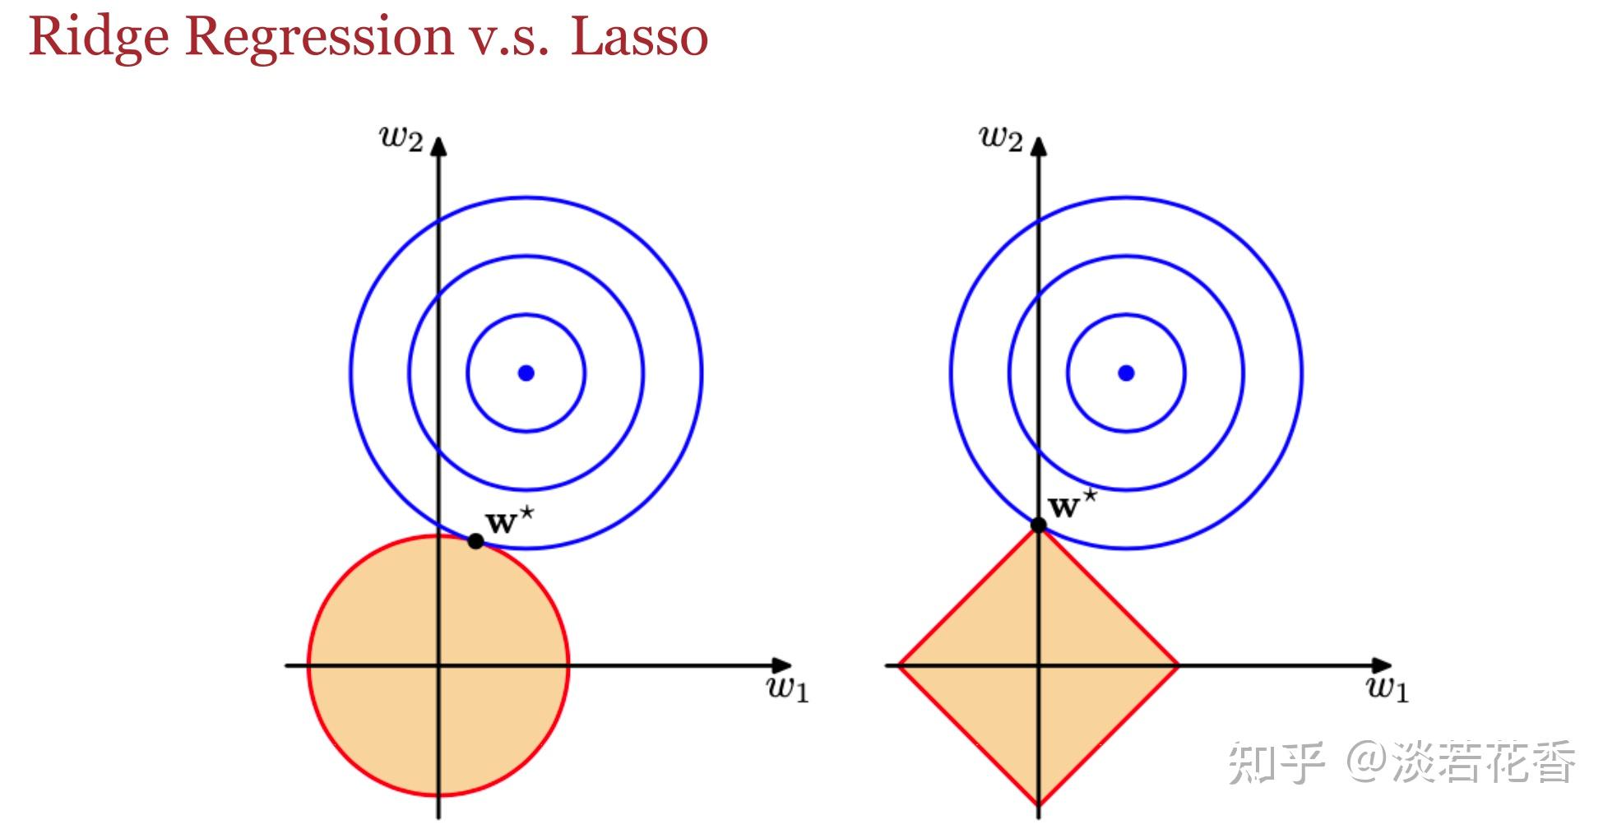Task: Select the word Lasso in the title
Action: (639, 38)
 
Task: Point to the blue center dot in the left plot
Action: (526, 373)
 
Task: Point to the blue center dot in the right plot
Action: (1126, 373)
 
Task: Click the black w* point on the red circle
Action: (475, 541)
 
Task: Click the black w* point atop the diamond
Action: (1039, 525)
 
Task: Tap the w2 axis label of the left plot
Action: (401, 138)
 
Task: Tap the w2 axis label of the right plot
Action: (1001, 138)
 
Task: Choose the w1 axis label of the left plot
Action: (788, 688)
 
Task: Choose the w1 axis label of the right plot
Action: (1388, 688)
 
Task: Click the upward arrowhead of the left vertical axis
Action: (438, 146)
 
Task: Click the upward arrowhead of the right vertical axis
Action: (1039, 146)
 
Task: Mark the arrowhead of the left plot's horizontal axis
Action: (782, 665)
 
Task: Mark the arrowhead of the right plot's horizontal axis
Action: (1383, 665)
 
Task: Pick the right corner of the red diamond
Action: (1177, 665)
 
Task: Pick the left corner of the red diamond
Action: (900, 665)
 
